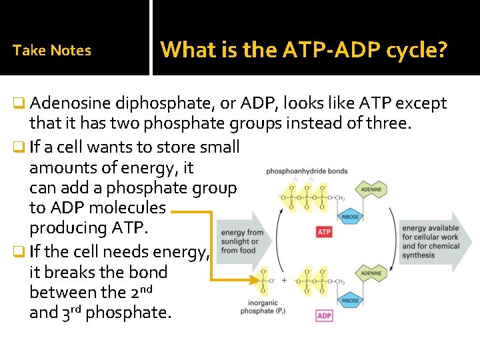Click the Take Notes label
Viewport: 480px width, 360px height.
(52, 50)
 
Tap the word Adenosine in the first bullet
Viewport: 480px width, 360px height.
(70, 103)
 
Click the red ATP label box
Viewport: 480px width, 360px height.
(324, 232)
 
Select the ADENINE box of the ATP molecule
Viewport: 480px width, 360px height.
(371, 189)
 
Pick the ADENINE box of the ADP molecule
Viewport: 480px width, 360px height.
(371, 273)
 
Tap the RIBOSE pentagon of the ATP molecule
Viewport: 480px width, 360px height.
(351, 217)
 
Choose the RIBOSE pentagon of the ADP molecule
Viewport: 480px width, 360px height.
(351, 300)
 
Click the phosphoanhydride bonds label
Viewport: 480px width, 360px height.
(307, 171)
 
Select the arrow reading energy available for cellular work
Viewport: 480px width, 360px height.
(433, 241)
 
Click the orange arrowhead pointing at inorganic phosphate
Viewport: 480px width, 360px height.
(254, 280)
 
